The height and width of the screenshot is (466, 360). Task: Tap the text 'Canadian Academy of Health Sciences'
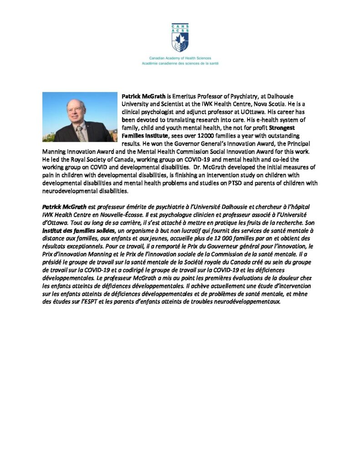pyautogui.click(x=180, y=59)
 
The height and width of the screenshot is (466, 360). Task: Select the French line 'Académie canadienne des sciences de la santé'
pyautogui.click(x=180, y=63)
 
